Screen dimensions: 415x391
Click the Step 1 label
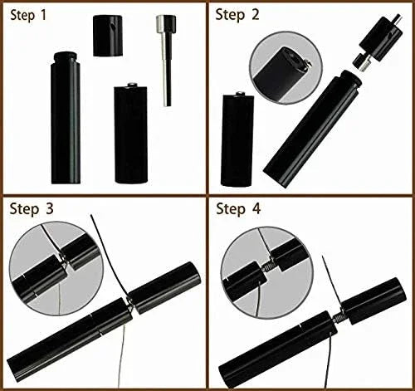pos(28,15)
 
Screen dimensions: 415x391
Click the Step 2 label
pos(237,14)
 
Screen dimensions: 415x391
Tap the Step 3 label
pos(32,208)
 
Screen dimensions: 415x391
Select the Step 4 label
pos(238,208)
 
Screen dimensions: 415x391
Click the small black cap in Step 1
pos(108,36)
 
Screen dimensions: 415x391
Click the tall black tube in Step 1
pos(66,118)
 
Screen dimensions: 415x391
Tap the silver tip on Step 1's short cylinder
pos(132,85)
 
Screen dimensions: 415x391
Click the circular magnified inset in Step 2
pos(286,68)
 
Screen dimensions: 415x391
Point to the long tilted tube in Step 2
pos(312,129)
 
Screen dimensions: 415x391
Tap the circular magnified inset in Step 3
pos(56,268)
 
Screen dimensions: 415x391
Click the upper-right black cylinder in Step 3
pos(164,287)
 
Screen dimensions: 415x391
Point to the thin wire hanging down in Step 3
pos(122,356)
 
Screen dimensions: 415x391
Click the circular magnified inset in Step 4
pos(267,272)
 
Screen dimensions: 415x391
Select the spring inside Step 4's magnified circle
pos(267,267)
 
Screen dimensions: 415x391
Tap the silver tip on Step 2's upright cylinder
pos(238,94)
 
